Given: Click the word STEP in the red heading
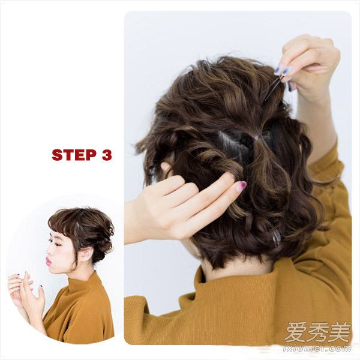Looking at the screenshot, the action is [x=74, y=155].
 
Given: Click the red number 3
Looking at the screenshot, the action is [x=106, y=155].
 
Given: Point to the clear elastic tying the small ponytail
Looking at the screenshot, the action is [x=256, y=137].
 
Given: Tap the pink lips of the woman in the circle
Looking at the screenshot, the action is [x=49, y=260].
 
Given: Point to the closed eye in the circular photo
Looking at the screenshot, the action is [x=58, y=245].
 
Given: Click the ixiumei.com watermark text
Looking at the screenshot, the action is [x=317, y=349].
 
